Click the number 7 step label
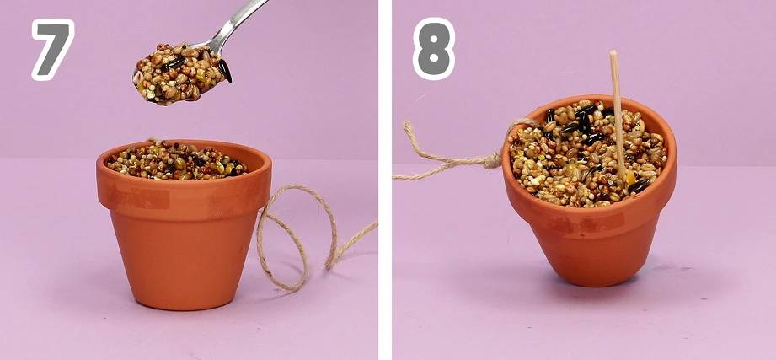click(52, 49)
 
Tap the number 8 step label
click(434, 49)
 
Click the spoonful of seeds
click(181, 73)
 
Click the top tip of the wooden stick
click(613, 51)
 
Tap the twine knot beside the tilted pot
click(492, 160)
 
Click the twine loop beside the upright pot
click(296, 237)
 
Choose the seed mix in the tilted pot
click(588, 153)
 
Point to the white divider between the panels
click(385, 180)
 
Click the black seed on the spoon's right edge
click(224, 70)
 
